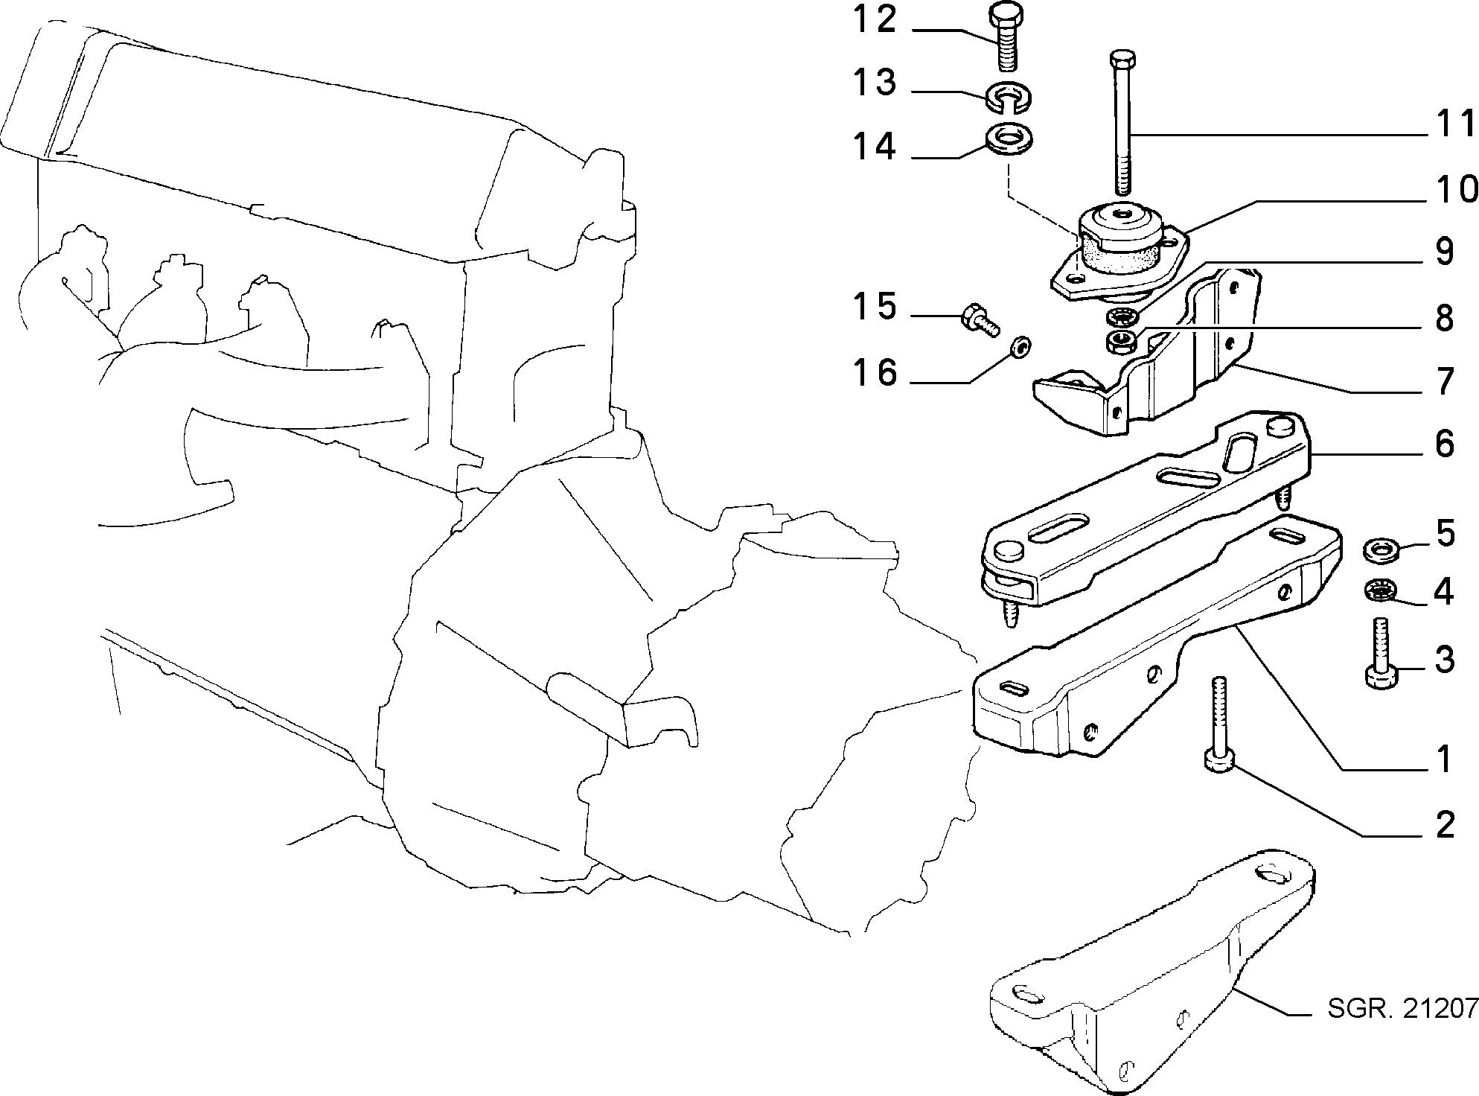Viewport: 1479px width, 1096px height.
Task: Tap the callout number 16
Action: point(875,372)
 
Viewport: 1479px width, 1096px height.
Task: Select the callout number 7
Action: point(1445,382)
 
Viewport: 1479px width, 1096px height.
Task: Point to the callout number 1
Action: point(1444,759)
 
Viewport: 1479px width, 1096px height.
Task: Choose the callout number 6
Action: point(1444,445)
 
